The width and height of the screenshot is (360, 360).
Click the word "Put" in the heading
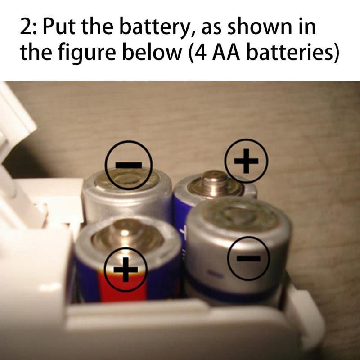coord(59,27)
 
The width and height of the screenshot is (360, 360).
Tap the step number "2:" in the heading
coord(28,27)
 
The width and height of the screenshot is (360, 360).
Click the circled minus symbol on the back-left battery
coord(129,165)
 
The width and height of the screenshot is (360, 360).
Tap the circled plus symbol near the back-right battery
coord(246,161)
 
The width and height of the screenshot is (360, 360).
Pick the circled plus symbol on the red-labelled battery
coord(126,269)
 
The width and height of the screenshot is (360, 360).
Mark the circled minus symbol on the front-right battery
coord(248,258)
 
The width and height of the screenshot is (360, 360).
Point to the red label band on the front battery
coord(123,285)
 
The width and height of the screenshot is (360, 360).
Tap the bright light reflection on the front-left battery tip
coord(125,233)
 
